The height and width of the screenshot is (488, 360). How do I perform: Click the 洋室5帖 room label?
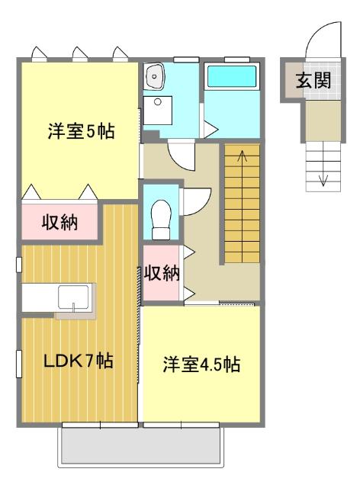point(80,131)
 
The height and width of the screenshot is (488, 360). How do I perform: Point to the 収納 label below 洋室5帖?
point(59,223)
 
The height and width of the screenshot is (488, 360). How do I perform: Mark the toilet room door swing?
point(192,200)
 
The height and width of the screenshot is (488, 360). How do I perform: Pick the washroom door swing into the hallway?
point(182,155)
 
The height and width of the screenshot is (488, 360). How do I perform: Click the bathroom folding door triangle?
point(210,124)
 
